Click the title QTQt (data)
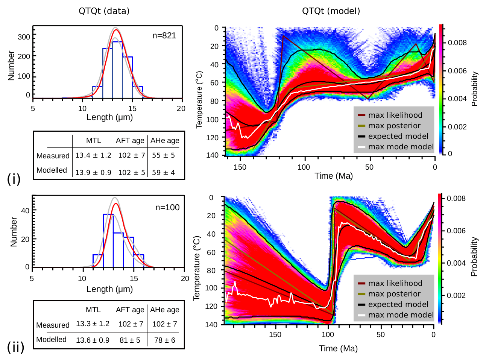[104, 11]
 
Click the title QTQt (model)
[331, 11]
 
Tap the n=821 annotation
[164, 36]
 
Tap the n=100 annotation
[167, 207]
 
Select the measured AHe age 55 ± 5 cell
[163, 155]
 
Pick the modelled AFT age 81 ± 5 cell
[130, 340]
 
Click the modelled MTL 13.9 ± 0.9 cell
[93, 172]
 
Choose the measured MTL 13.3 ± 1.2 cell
[93, 324]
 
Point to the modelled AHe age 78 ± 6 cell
[164, 340]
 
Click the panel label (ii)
[15, 347]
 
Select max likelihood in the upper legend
[395, 115]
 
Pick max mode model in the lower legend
[401, 315]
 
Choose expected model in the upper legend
[398, 136]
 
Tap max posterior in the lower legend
[394, 294]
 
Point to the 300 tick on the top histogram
[24, 37]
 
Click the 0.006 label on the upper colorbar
[457, 71]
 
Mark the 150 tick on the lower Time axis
[275, 334]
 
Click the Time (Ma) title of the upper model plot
[334, 176]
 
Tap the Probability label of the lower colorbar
[474, 257]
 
